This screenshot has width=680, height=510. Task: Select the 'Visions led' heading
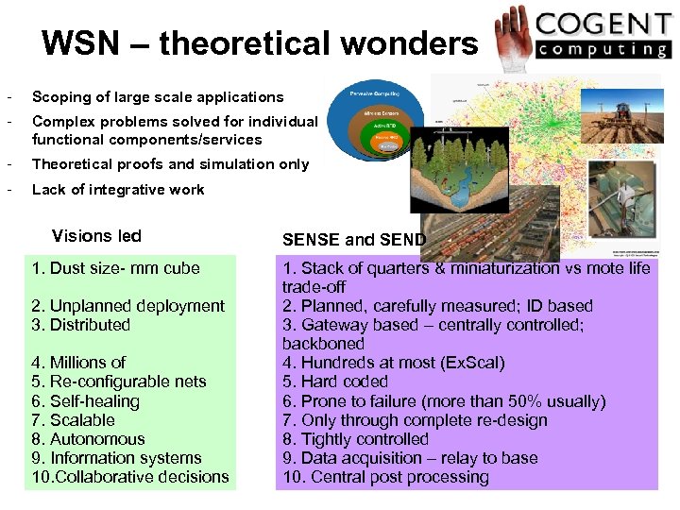click(96, 236)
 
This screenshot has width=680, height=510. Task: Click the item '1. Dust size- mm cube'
click(115, 268)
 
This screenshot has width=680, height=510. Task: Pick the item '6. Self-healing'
click(85, 401)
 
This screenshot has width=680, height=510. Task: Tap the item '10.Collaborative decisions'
click(130, 477)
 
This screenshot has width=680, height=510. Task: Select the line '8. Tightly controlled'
click(355, 439)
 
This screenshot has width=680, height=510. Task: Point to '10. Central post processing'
click(385, 477)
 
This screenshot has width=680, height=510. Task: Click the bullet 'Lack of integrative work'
click(118, 189)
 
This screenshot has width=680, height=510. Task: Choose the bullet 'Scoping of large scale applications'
click(158, 96)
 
